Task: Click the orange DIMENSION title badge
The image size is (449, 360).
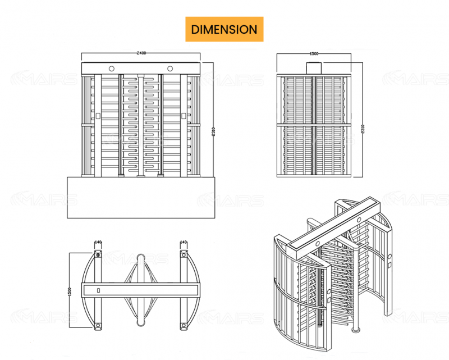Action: [224, 29]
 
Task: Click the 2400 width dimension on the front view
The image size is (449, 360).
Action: [141, 53]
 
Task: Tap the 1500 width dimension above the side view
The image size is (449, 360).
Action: [314, 53]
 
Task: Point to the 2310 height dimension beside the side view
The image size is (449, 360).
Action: [363, 128]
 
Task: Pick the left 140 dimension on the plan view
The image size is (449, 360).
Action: [98, 243]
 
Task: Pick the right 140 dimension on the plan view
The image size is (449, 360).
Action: [183, 243]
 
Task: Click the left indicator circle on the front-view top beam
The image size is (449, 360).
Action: [112, 69]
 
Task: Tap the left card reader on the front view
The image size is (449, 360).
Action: [98, 116]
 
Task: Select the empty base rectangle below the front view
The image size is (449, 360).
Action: [141, 199]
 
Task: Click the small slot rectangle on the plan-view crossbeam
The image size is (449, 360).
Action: [98, 290]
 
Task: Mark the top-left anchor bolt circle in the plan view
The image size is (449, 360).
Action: [98, 255]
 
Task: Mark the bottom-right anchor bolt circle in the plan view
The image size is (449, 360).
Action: [183, 326]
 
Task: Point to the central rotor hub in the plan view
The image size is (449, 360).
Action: [140, 290]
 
